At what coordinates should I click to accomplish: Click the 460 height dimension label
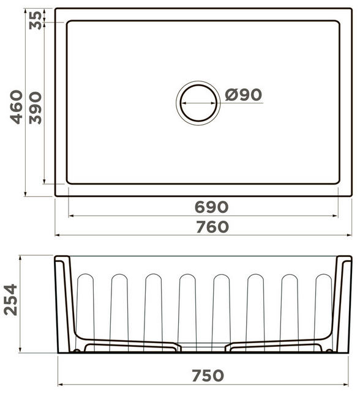pyautogui.click(x=17, y=107)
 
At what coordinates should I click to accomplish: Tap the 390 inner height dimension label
pyautogui.click(x=36, y=108)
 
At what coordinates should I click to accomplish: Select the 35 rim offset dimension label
pyautogui.click(x=36, y=20)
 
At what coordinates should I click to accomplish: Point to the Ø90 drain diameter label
pyautogui.click(x=243, y=95)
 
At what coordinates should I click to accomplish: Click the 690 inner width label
pyautogui.click(x=212, y=207)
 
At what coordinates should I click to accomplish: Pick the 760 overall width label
pyautogui.click(x=212, y=227)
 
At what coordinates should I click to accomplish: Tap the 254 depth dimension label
pyautogui.click(x=10, y=300)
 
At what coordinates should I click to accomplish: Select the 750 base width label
pyautogui.click(x=208, y=376)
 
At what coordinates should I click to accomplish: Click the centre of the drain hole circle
pyautogui.click(x=198, y=103)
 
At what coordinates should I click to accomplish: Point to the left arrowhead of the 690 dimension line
pyautogui.click(x=71, y=216)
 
